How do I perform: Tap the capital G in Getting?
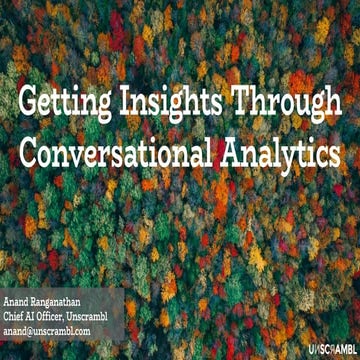pos(32,103)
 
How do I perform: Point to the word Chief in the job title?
pos(15,316)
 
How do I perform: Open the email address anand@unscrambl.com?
pos(60,329)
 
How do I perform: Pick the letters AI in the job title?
pos(34,316)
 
